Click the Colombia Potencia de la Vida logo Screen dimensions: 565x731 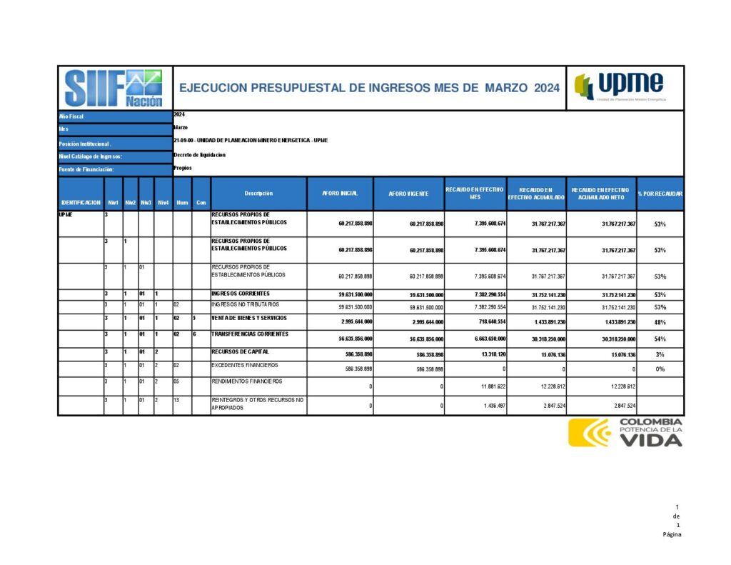[625, 432]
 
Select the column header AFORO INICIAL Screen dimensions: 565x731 [339, 194]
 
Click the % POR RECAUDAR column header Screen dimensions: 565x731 [660, 194]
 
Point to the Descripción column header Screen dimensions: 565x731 [258, 194]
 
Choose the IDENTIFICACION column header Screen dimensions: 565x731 [81, 202]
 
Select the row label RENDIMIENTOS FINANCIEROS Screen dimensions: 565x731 [247, 381]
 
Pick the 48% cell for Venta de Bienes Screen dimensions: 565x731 [660, 322]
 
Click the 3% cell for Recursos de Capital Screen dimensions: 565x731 [660, 354]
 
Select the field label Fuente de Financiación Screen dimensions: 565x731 [87, 169]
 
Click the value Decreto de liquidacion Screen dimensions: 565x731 [199, 155]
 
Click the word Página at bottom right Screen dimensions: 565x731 [672, 534]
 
